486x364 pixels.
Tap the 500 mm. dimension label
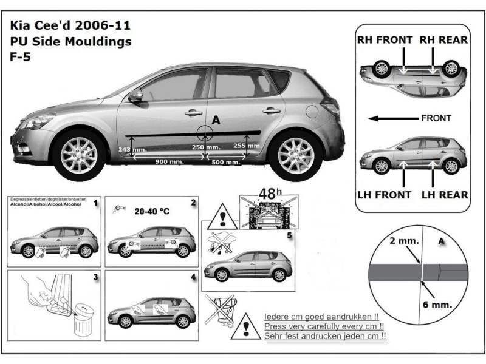click(224, 162)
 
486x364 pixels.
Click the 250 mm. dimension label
click(206, 147)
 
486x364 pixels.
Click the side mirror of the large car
click(135, 95)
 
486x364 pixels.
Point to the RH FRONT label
click(383, 40)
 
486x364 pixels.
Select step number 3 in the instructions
click(95, 277)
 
